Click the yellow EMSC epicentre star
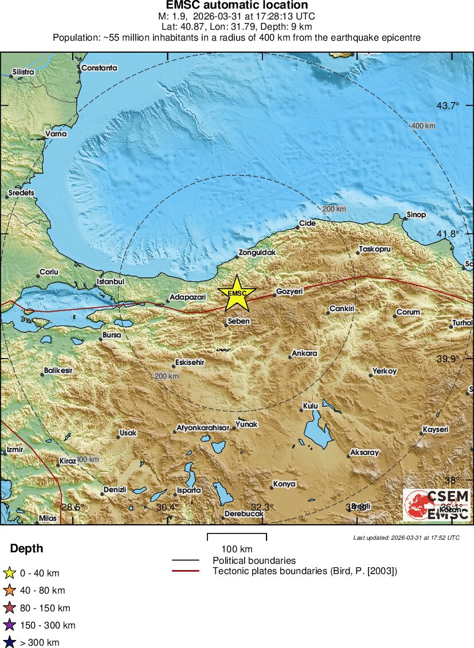click(236, 293)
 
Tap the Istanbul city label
click(111, 281)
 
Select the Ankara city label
click(304, 354)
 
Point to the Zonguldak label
click(257, 253)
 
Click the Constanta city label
click(99, 68)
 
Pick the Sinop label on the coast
click(416, 215)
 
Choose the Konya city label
click(284, 484)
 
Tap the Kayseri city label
click(436, 429)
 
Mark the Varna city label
click(56, 134)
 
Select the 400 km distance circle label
click(422, 126)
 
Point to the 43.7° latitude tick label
click(448, 105)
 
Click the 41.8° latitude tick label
click(448, 234)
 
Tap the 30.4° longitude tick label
click(167, 507)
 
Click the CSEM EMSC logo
click(437, 505)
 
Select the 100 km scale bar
click(237, 537)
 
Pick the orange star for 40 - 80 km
click(9, 590)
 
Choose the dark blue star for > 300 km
click(9, 642)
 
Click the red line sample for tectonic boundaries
click(185, 571)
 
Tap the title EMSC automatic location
click(237, 6)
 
